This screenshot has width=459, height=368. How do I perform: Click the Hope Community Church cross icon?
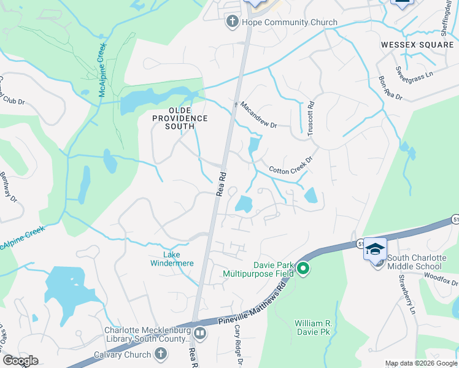pos(233,23)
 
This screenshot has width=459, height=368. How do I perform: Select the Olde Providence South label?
pos(180,122)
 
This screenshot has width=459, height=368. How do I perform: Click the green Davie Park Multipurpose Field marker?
pos(303,268)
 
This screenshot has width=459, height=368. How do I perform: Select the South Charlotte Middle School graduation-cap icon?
pos(375,249)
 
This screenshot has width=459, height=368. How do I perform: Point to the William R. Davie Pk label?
pos(317,327)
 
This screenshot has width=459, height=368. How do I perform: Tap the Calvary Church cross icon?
pos(160,354)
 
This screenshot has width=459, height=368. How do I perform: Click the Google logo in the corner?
pos(20,361)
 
